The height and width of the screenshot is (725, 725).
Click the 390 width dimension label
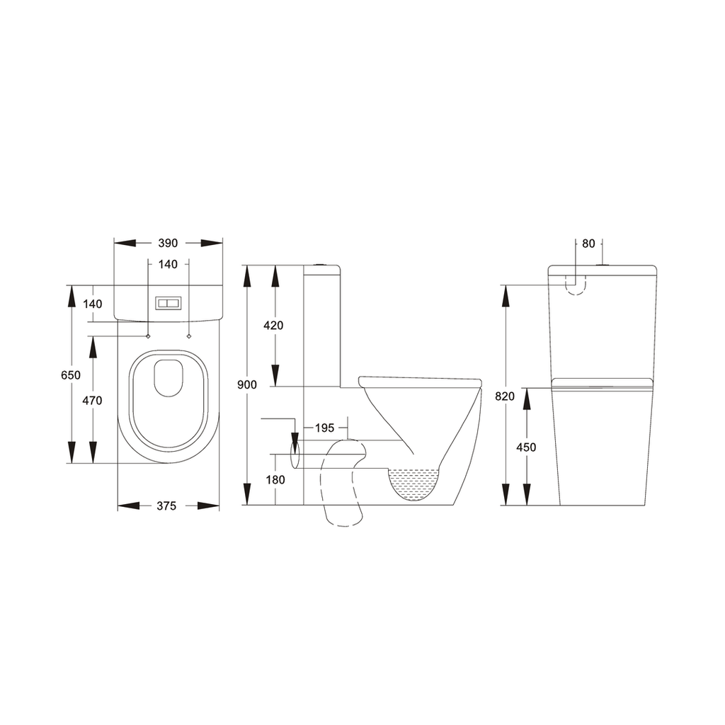click(168, 244)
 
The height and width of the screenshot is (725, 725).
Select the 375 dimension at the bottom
click(166, 506)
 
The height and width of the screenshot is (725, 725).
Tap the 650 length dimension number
click(71, 375)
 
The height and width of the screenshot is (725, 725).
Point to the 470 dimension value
click(93, 401)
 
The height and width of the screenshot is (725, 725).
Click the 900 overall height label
click(247, 384)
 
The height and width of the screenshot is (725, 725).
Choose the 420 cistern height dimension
click(273, 326)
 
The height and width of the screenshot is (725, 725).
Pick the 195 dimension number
click(324, 428)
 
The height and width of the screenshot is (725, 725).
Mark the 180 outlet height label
click(275, 480)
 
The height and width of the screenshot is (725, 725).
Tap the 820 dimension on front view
click(505, 396)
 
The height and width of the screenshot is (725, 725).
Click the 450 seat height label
click(526, 447)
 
